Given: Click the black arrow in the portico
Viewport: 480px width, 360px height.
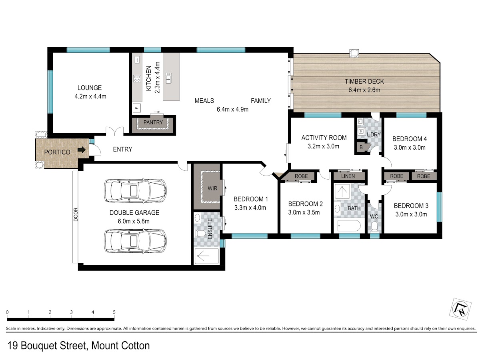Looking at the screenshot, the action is pyautogui.click(x=82, y=150).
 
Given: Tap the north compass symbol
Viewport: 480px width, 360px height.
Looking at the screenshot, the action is pyautogui.click(x=460, y=309).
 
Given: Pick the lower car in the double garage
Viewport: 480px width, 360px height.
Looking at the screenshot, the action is pyautogui.click(x=135, y=241).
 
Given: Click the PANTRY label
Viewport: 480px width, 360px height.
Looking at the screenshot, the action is pyautogui.click(x=153, y=122).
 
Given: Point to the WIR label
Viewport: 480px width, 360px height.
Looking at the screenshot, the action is pyautogui.click(x=212, y=188).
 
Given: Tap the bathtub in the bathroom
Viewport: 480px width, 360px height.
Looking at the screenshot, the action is pyautogui.click(x=349, y=226).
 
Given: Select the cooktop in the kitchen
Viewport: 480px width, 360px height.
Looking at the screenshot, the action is pyautogui.click(x=137, y=79).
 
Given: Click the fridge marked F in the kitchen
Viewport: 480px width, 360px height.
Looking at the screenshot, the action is pyautogui.click(x=137, y=108).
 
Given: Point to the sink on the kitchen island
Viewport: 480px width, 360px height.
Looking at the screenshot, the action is pyautogui.click(x=168, y=78).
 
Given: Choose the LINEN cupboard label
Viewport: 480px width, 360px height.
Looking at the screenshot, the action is pyautogui.click(x=348, y=176).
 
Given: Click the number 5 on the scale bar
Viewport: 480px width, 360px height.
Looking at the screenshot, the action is pyautogui.click(x=114, y=312).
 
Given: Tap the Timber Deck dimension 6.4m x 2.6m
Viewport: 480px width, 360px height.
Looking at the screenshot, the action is pyautogui.click(x=364, y=90).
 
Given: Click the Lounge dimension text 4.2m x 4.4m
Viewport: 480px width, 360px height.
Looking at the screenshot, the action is pyautogui.click(x=90, y=96).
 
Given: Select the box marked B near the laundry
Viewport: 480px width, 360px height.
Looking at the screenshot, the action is pyautogui.click(x=362, y=147).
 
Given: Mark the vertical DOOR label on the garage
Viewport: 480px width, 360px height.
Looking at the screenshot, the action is pyautogui.click(x=76, y=214).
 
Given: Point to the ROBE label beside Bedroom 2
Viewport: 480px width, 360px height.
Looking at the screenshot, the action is pyautogui.click(x=301, y=176).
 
